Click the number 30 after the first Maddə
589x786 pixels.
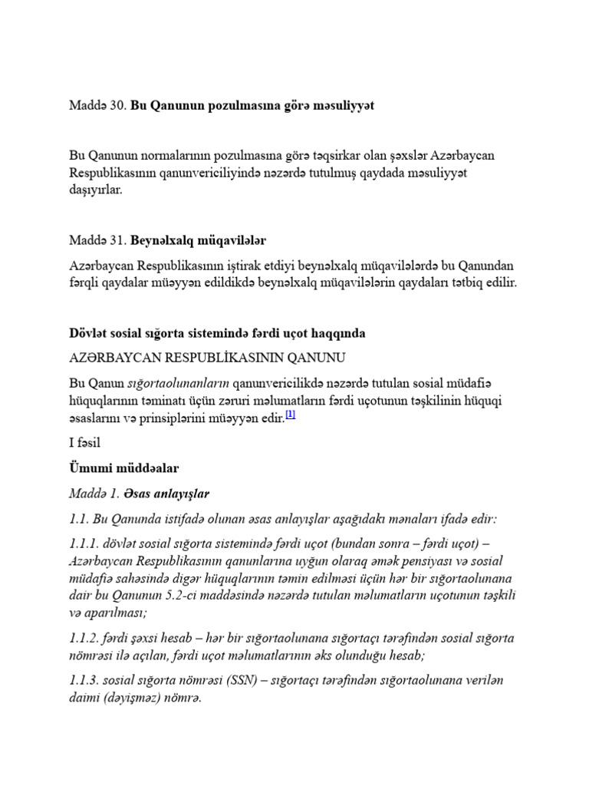click(x=117, y=106)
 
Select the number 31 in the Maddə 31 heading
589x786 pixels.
click(x=117, y=240)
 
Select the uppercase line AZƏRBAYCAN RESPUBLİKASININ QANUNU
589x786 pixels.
click(x=208, y=357)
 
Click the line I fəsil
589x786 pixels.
click(x=84, y=443)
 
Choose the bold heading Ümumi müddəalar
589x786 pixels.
click(x=124, y=467)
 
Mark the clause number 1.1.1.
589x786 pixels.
click(x=86, y=544)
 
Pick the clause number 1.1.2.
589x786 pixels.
click(x=86, y=638)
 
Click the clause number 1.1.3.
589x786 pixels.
click(x=86, y=681)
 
